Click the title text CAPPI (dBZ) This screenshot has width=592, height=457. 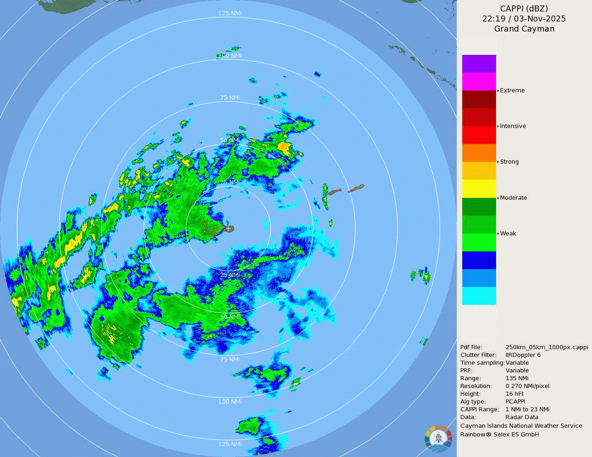pyautogui.click(x=524, y=9)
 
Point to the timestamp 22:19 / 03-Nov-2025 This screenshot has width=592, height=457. pyautogui.click(x=524, y=19)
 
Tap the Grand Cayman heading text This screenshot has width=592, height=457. pyautogui.click(x=524, y=29)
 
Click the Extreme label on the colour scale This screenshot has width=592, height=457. pyautogui.click(x=512, y=90)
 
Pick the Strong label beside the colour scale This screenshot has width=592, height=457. pyautogui.click(x=509, y=162)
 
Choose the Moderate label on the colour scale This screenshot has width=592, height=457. pyautogui.click(x=513, y=198)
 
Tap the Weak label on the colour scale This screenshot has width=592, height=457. pyautogui.click(x=508, y=234)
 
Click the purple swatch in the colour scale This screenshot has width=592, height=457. pyautogui.click(x=479, y=64)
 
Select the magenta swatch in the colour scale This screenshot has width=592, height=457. pyautogui.click(x=479, y=82)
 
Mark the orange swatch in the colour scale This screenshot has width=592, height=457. pyautogui.click(x=479, y=153)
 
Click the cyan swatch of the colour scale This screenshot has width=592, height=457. pyautogui.click(x=479, y=296)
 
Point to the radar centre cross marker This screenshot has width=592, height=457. pyautogui.click(x=228, y=228)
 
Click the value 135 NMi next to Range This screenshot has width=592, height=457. pyautogui.click(x=517, y=378)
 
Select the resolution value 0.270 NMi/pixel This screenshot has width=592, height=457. pyautogui.click(x=527, y=386)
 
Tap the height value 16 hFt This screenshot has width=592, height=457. pyautogui.click(x=515, y=394)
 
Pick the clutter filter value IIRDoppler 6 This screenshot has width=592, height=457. pyautogui.click(x=523, y=355)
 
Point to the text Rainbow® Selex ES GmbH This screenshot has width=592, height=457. pyautogui.click(x=499, y=435)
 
